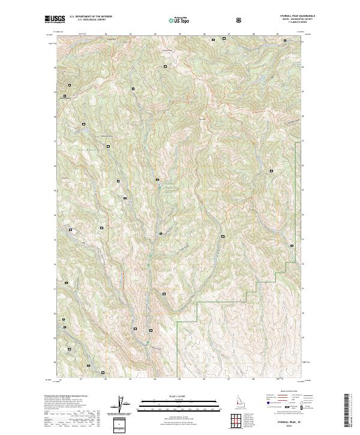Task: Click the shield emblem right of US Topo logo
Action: point(206,19)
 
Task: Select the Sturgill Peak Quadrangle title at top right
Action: point(290,17)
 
